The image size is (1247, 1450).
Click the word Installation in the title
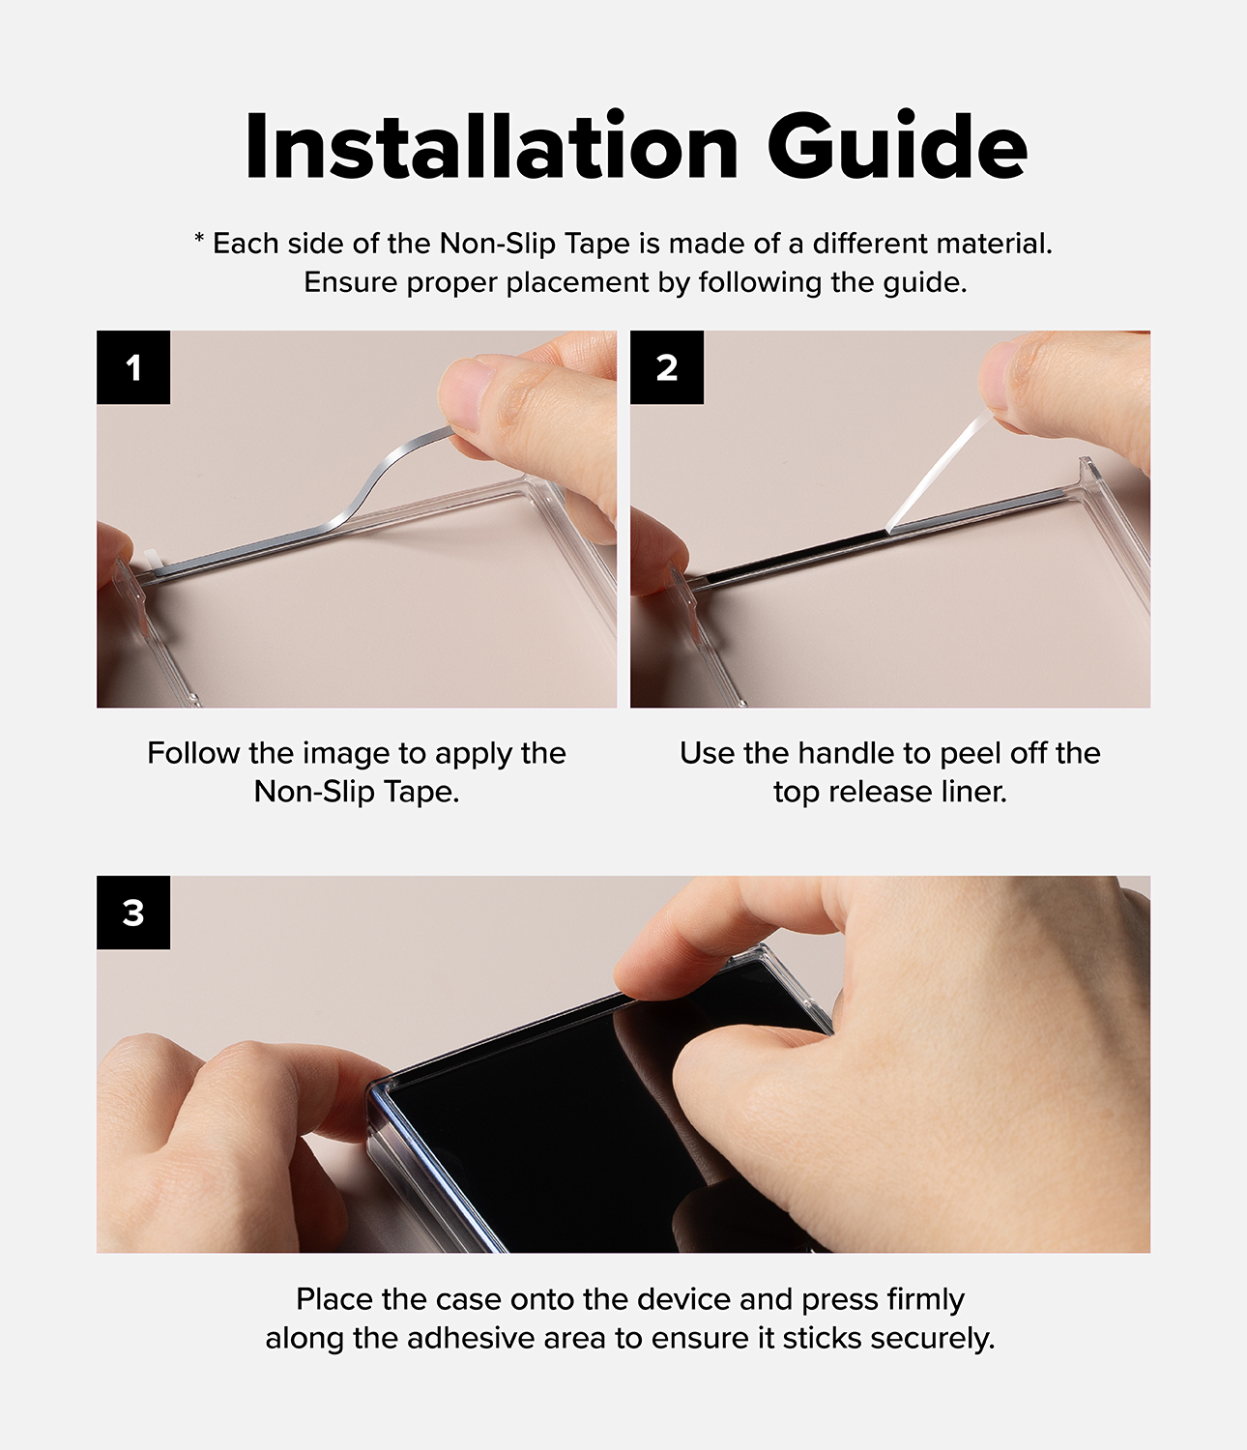click(492, 147)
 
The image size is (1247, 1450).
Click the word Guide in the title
click(898, 145)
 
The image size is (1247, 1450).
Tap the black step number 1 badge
click(133, 367)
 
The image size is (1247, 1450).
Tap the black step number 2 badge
click(667, 367)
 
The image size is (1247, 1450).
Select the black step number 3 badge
click(133, 912)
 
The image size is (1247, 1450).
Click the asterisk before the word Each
click(199, 239)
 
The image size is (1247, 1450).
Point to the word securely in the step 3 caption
click(933, 1339)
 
